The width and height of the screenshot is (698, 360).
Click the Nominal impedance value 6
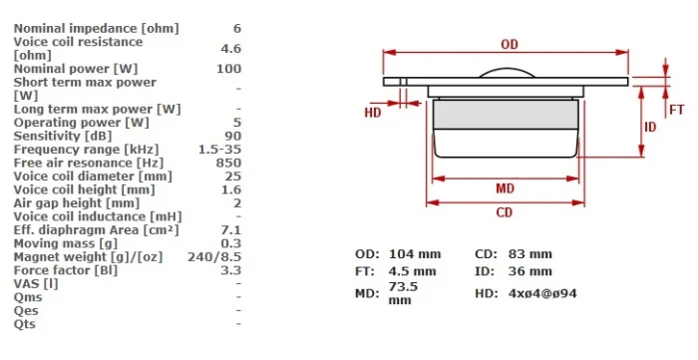click(237, 29)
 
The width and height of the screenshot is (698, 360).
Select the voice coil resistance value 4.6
click(231, 48)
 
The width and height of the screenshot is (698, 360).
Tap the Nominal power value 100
click(228, 69)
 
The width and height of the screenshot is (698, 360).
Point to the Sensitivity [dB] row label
click(62, 136)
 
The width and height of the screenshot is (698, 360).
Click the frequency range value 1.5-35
click(220, 149)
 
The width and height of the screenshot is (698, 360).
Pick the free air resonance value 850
click(228, 163)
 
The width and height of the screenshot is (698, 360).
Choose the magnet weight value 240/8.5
click(214, 256)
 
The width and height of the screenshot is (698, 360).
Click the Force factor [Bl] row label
click(66, 270)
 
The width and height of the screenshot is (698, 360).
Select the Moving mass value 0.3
click(231, 243)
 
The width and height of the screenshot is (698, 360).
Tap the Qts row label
click(25, 324)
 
